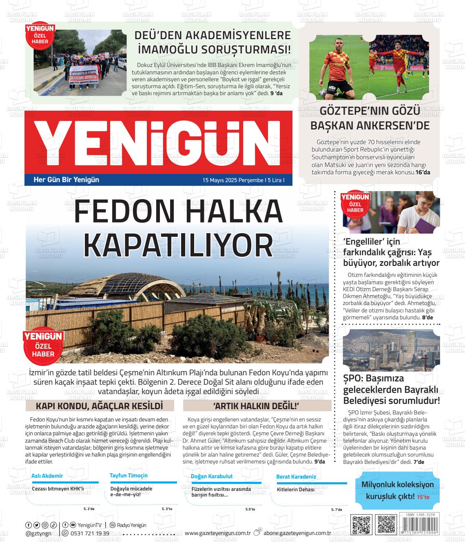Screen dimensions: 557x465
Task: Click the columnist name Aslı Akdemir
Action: point(47,476)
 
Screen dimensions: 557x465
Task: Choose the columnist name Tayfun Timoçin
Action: point(128,475)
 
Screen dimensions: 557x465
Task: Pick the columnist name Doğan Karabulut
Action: point(212,476)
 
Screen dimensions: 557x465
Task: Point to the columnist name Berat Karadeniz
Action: point(296,477)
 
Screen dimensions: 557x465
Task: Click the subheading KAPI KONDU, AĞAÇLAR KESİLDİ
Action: point(100,406)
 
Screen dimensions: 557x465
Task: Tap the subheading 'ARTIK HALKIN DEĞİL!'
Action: point(257,406)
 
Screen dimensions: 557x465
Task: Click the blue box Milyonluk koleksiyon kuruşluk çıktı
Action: point(398,490)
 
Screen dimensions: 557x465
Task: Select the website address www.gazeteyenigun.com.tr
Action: point(217,533)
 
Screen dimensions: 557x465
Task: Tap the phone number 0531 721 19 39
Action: point(90,533)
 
